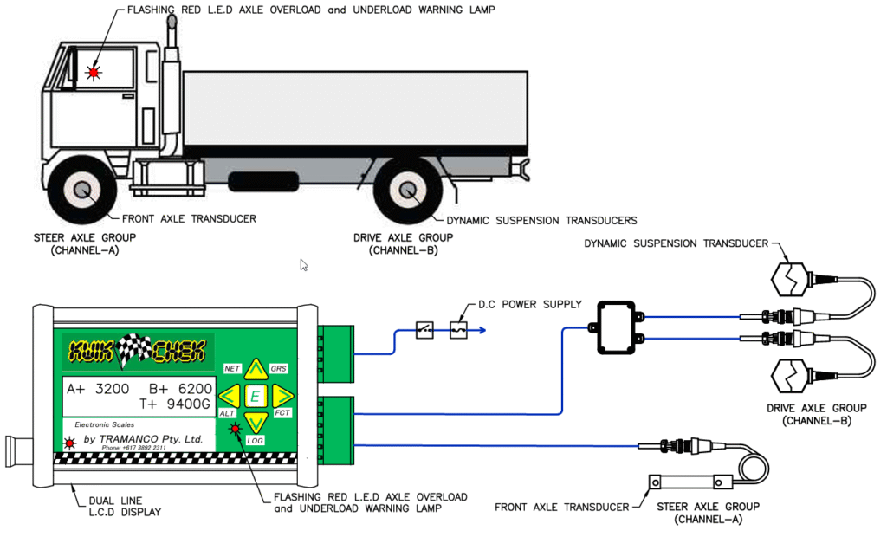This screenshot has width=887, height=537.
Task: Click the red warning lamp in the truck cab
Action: (93, 73)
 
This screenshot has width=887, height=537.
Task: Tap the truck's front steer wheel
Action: (84, 191)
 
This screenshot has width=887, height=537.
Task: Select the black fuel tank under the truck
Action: (263, 182)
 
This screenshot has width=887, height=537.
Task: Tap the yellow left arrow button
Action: (229, 397)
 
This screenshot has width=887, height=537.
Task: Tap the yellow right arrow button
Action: (282, 397)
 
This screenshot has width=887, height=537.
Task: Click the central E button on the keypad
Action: (256, 397)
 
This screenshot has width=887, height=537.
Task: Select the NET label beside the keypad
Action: (231, 368)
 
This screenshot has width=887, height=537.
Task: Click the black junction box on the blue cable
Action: (617, 328)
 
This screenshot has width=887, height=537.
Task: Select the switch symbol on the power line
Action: (424, 329)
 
